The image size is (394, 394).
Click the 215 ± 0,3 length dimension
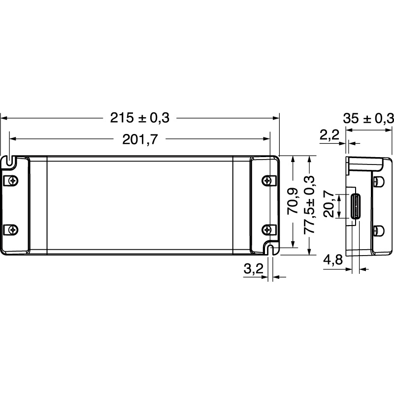tap(139, 118)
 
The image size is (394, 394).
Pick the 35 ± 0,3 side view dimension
tap(369, 118)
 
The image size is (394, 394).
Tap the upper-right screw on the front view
tap(267, 180)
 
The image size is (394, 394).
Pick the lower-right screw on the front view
tap(267, 229)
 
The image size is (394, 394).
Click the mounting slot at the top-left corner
tap(10, 160)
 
